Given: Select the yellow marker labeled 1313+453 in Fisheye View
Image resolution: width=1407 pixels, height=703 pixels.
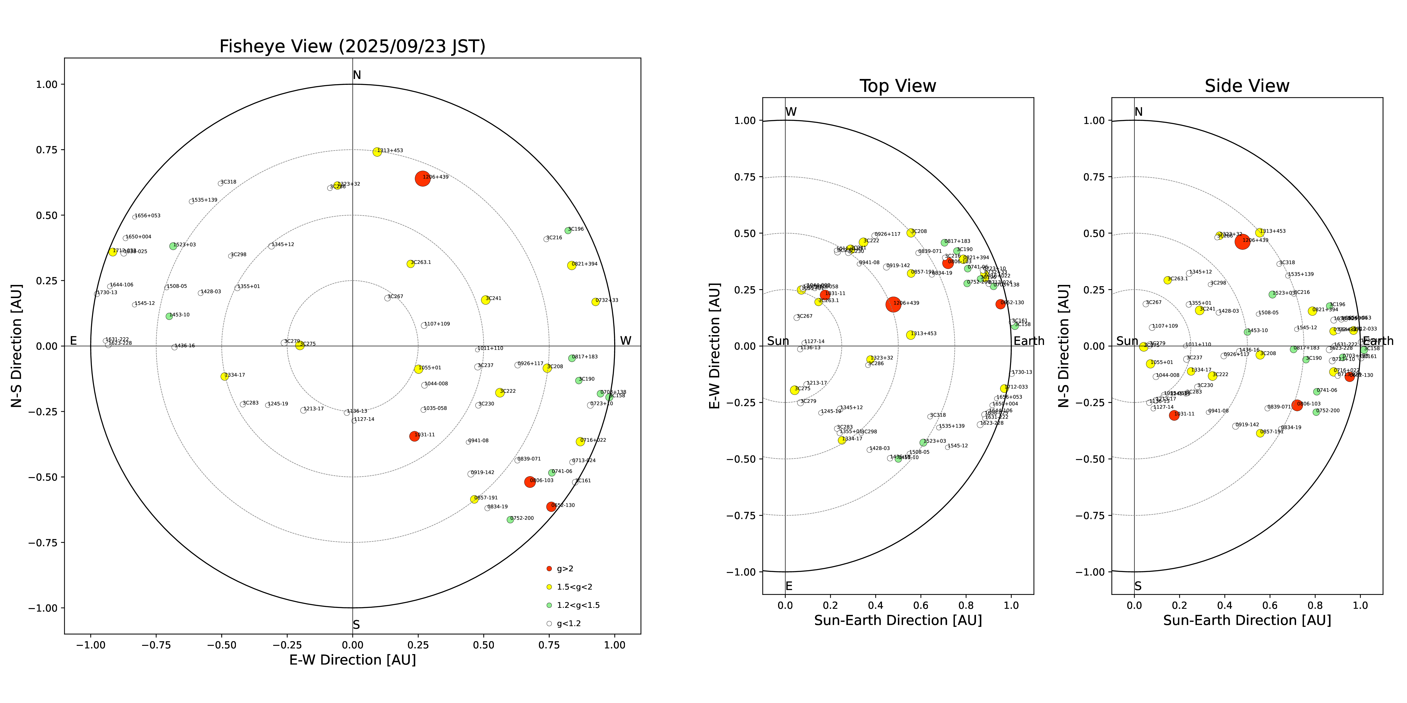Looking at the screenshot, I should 377,152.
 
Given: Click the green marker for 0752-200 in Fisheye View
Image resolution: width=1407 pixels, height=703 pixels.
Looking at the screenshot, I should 510,520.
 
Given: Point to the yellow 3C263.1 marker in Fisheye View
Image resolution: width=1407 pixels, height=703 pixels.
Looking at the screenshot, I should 411,264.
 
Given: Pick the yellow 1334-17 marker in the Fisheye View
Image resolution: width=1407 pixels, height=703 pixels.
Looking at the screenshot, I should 224,377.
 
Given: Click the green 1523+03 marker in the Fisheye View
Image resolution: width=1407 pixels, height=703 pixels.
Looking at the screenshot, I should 173,246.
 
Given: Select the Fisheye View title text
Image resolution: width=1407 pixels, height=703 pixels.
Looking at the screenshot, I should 352,46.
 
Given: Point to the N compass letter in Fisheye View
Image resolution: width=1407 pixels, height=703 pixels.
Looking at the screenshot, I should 357,75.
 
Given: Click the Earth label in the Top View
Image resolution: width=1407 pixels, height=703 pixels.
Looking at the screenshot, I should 1029,341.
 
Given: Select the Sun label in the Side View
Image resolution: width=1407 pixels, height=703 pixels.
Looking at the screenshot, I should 1127,341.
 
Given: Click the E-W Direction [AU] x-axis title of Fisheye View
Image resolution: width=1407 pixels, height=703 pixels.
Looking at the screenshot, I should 352,660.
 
